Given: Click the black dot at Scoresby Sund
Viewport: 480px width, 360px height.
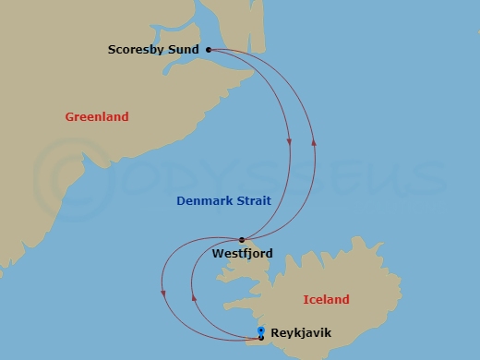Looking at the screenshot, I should point(209,50).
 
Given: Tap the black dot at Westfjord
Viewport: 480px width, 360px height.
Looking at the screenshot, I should point(242,240).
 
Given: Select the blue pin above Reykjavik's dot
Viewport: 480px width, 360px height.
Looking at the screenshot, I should point(261,330).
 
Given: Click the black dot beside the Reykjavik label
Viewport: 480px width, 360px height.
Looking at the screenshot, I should point(261,337).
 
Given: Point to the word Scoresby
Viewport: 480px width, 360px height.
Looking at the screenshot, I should point(138,50).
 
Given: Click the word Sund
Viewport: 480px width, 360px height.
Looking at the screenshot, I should point(185,50).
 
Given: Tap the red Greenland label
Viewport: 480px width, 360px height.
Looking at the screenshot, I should point(97,117).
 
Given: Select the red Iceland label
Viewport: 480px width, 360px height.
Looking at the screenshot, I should point(327,299).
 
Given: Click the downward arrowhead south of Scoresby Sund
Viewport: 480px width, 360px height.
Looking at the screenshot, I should point(290,142).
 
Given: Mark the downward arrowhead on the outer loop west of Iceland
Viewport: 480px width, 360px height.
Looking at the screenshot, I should point(164,294).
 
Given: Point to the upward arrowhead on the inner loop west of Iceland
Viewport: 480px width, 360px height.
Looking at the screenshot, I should point(192,296).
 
